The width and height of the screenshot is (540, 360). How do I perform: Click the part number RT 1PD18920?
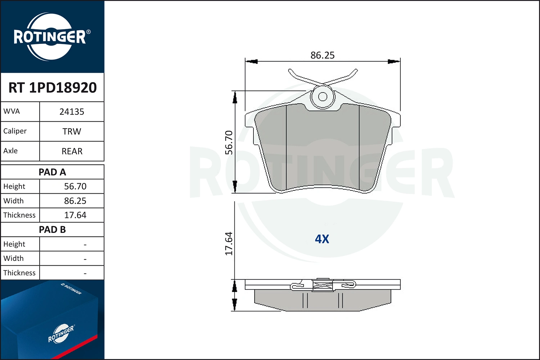[x=53, y=87]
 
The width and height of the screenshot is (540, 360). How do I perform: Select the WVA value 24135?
[x=72, y=112]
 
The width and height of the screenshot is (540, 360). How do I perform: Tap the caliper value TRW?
[x=72, y=131]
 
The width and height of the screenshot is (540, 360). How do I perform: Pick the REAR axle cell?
[x=72, y=151]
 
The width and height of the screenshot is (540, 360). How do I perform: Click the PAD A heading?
[x=52, y=172]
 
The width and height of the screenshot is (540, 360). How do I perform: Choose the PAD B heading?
[x=52, y=230]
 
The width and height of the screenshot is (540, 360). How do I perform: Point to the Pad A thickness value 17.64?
[x=75, y=215]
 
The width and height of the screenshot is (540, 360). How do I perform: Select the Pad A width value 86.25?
[x=75, y=201]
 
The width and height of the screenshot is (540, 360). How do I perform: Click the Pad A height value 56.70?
[x=75, y=186]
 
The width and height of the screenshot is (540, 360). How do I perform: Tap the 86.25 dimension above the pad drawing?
[x=322, y=55]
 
